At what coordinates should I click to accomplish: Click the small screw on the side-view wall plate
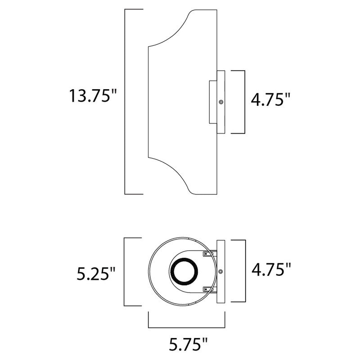pos(221,103)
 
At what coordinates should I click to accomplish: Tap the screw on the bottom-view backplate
pos(221,271)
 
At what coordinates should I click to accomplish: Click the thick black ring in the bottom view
pos(183,272)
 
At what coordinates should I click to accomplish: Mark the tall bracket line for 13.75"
pos(125,102)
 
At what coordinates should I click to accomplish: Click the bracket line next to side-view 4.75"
pos(244,102)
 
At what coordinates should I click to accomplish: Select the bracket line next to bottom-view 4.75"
pos(244,271)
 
